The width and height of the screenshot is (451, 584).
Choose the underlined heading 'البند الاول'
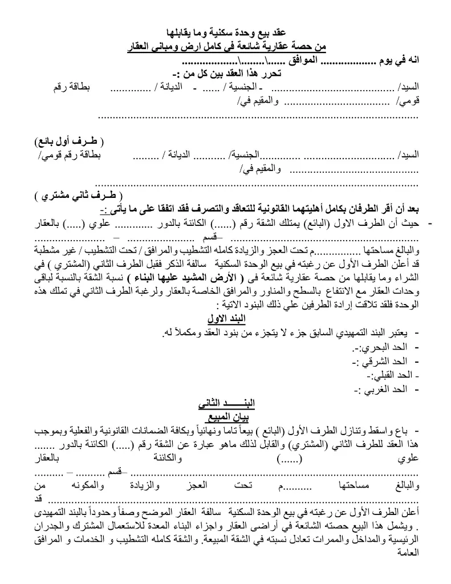226,317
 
